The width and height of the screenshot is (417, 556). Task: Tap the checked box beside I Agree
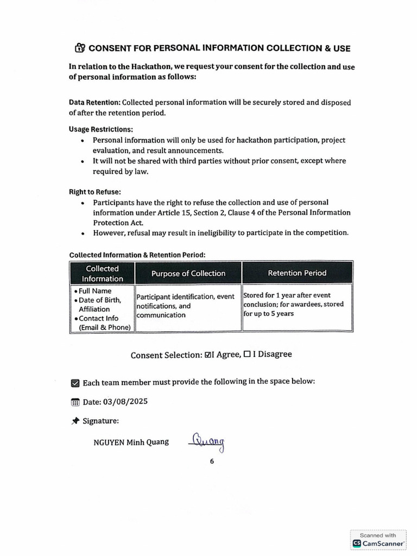[x=207, y=355]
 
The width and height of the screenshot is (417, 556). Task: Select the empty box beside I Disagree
[x=247, y=355]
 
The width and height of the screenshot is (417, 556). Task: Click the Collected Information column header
[x=102, y=273]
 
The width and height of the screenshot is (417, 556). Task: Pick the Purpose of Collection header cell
[x=188, y=273]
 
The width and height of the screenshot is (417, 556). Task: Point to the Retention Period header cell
[x=297, y=273]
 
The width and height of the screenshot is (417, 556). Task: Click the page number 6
[x=212, y=461]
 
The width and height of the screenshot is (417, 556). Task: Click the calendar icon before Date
[x=75, y=402]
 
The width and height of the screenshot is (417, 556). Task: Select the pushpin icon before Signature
[x=75, y=421]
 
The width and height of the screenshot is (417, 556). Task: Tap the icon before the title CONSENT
[x=80, y=48]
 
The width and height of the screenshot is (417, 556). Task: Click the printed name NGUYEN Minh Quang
[x=131, y=442]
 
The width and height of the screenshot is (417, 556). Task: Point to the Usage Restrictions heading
[x=100, y=129]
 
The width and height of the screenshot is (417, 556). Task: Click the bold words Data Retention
[x=94, y=103]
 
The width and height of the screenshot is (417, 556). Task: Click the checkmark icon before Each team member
[x=75, y=383]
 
